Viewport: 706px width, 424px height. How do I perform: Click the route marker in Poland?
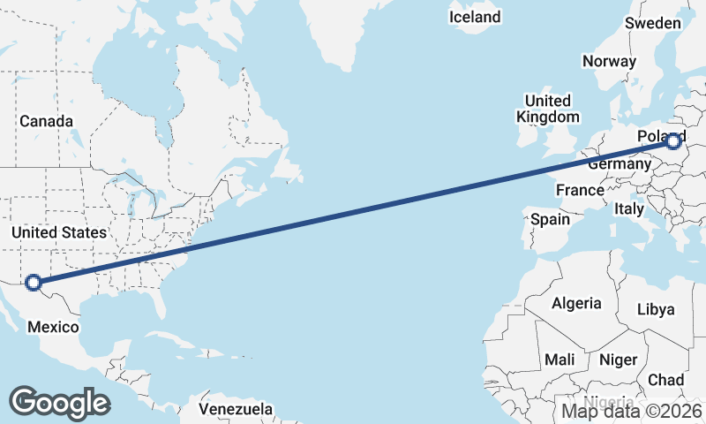tap(674, 140)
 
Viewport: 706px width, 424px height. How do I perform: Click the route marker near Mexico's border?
tap(34, 283)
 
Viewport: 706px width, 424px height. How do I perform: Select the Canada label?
tap(46, 121)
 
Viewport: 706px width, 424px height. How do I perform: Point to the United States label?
tap(59, 232)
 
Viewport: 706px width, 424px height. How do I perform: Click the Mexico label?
tap(53, 327)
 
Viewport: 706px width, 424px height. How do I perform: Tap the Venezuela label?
tap(236, 409)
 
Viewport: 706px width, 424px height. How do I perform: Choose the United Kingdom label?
tap(547, 109)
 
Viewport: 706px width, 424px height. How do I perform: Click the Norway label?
tap(609, 61)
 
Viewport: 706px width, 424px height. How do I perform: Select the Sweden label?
tap(652, 23)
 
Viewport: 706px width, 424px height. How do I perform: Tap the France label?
tap(580, 190)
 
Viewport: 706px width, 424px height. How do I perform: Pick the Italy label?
tap(629, 209)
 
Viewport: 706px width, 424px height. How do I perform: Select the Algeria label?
tap(576, 303)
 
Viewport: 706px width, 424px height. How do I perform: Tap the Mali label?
tap(560, 360)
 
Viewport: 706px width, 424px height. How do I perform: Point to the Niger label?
tap(618, 360)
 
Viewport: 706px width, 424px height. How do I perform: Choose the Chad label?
tap(665, 380)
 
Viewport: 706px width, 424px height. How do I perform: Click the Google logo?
tap(59, 403)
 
